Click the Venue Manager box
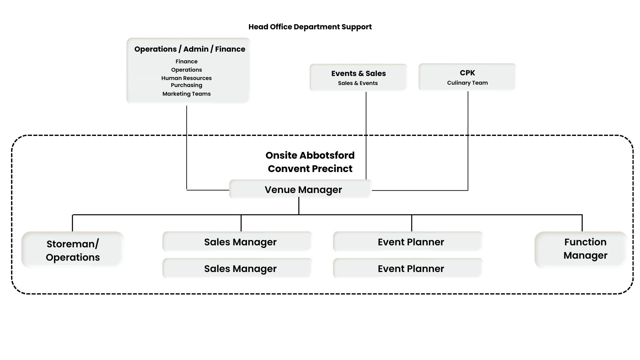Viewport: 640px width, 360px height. [301, 190]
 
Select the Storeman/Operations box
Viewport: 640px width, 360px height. [73, 250]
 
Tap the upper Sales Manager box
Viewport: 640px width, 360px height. [237, 241]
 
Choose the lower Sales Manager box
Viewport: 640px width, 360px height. [237, 268]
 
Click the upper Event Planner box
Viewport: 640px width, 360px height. [408, 241]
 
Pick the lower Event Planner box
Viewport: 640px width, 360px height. [408, 268]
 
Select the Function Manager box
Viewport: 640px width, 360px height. [581, 249]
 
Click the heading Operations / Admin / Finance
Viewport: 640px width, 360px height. [190, 49]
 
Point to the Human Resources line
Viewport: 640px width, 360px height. [186, 78]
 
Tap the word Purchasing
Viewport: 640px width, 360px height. [186, 85]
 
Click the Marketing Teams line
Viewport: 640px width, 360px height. [186, 94]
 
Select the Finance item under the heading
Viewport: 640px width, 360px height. [186, 61]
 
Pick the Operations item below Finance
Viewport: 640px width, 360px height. [186, 70]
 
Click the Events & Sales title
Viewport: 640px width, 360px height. [358, 73]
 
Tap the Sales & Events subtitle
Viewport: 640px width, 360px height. [358, 83]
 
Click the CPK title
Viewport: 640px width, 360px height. [467, 73]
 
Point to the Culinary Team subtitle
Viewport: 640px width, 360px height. [467, 83]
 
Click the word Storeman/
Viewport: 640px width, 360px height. [73, 244]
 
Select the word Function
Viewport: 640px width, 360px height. [585, 242]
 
